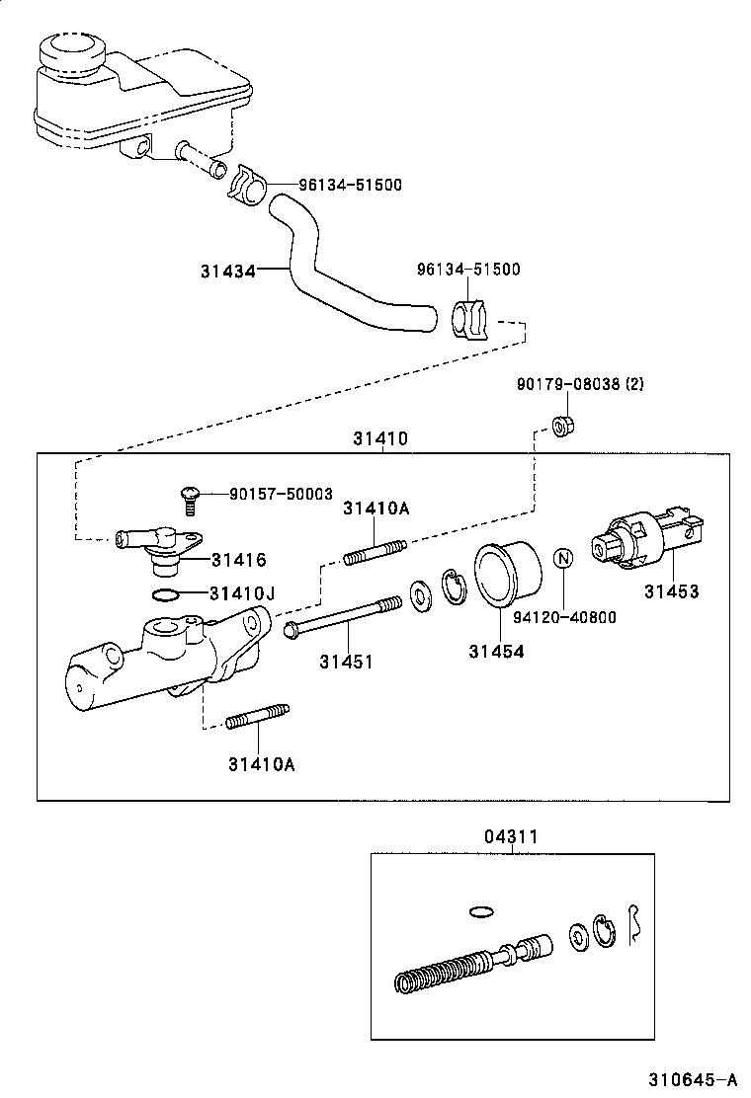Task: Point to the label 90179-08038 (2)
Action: pos(580,384)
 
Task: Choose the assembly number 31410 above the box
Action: pos(380,437)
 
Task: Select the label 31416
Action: pos(237,560)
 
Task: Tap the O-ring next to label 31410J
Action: pos(167,594)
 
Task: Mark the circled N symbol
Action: pos(562,559)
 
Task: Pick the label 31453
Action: pos(671,591)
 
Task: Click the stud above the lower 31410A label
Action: pos(257,720)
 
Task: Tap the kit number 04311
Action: pos(511,837)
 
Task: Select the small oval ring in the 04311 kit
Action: pos(481,910)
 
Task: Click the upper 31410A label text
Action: pos(375,509)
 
